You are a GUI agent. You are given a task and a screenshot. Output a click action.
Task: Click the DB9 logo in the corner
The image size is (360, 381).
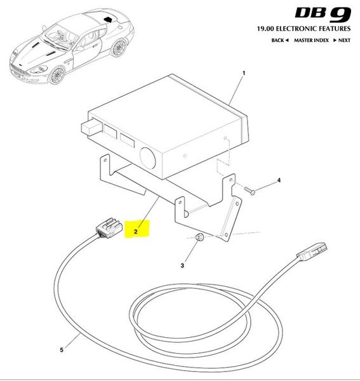323,14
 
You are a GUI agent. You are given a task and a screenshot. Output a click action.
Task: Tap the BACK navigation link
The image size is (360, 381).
280,41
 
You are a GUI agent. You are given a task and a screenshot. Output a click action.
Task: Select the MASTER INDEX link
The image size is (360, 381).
311,41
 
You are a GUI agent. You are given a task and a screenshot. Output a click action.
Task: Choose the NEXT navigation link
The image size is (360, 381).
342,41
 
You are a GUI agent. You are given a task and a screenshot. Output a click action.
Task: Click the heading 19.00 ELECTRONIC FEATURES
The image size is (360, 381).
303,29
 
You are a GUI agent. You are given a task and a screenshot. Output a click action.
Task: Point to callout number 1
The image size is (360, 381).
244,73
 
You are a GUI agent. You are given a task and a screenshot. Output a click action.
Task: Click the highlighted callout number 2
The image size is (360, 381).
135,232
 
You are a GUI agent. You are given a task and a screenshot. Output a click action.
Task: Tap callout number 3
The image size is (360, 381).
182,265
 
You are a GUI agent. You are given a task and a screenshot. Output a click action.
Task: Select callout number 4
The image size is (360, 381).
279,180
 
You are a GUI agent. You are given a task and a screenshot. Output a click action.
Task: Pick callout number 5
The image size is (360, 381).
62,350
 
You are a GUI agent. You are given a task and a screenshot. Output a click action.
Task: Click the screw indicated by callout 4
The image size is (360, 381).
250,190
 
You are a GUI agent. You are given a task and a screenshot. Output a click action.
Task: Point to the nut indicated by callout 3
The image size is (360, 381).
200,237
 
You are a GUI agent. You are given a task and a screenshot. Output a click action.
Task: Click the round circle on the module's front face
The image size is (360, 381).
147,158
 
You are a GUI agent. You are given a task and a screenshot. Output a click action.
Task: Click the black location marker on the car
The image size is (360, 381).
107,20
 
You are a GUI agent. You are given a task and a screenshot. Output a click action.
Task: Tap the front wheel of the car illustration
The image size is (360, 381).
57,76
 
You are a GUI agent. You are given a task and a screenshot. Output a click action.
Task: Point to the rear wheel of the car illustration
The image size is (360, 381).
118,48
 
